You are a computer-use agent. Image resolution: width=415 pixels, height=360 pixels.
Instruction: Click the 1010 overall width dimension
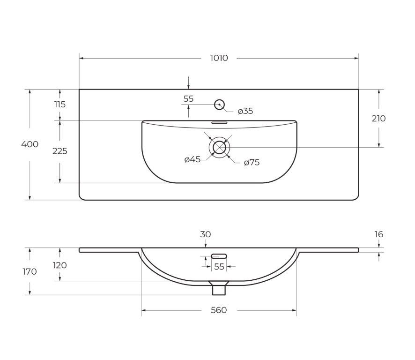219,58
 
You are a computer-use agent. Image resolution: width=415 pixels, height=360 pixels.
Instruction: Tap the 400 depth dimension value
30,144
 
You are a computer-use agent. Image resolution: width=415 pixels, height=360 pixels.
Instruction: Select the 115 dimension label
60,105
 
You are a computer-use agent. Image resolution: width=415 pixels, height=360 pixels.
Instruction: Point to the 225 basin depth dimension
60,151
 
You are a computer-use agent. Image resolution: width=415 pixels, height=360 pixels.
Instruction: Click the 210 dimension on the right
379,119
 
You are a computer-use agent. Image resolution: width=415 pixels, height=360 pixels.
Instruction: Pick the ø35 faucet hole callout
245,111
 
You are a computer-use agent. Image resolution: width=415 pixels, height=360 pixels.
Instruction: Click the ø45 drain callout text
193,159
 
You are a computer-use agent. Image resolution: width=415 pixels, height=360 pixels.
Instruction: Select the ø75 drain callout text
252,162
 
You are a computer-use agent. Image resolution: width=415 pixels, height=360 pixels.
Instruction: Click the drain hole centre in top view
219,147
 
